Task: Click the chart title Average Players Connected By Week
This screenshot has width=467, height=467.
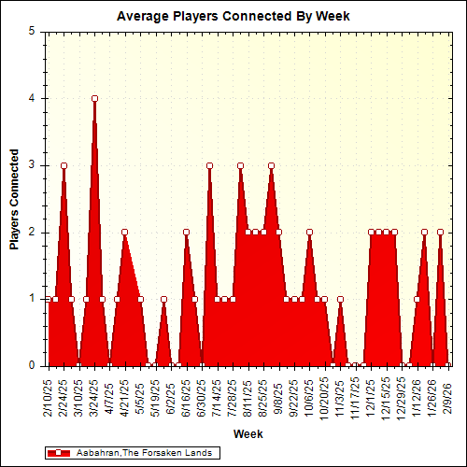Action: click(233, 17)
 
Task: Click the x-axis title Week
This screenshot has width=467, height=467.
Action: click(248, 433)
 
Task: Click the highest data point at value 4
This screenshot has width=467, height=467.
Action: click(94, 98)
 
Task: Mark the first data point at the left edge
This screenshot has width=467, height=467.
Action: click(48, 300)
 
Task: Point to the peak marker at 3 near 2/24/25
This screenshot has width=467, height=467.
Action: click(64, 165)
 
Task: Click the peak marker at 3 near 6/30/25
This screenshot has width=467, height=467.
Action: click(209, 165)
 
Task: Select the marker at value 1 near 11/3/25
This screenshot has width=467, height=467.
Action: click(340, 300)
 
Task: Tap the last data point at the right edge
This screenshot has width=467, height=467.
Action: click(447, 366)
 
